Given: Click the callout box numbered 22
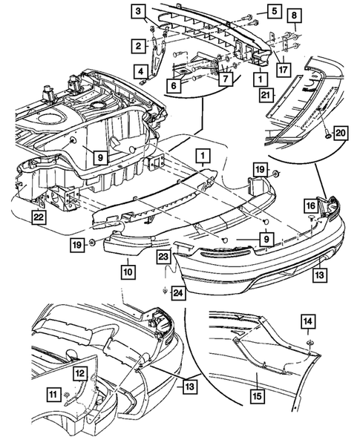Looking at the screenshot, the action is click(x=39, y=217).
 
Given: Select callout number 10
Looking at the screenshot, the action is click(x=128, y=272).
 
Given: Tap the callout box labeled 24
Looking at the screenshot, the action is click(x=178, y=293).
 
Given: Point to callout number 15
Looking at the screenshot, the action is click(x=258, y=395).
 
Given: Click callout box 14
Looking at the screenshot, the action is click(x=308, y=321).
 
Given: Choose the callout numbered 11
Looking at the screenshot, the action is click(x=53, y=395).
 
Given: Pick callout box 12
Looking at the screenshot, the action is click(x=80, y=373).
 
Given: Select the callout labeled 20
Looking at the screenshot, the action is click(x=340, y=133).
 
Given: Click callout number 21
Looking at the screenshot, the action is click(x=266, y=95).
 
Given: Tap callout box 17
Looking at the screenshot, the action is click(x=283, y=69).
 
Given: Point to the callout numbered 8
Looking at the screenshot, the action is click(x=295, y=16).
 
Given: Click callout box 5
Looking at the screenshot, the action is click(x=275, y=11).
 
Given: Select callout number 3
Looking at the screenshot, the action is click(x=139, y=12).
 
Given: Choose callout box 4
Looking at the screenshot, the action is click(x=141, y=72).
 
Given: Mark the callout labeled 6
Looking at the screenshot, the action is click(x=174, y=85).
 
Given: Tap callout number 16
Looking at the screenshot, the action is click(x=311, y=206).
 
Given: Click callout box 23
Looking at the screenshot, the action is click(x=163, y=257).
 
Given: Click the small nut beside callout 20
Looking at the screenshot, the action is click(x=327, y=137).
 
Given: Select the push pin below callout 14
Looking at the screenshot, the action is click(x=309, y=343).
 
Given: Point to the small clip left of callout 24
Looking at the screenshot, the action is click(x=165, y=292).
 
